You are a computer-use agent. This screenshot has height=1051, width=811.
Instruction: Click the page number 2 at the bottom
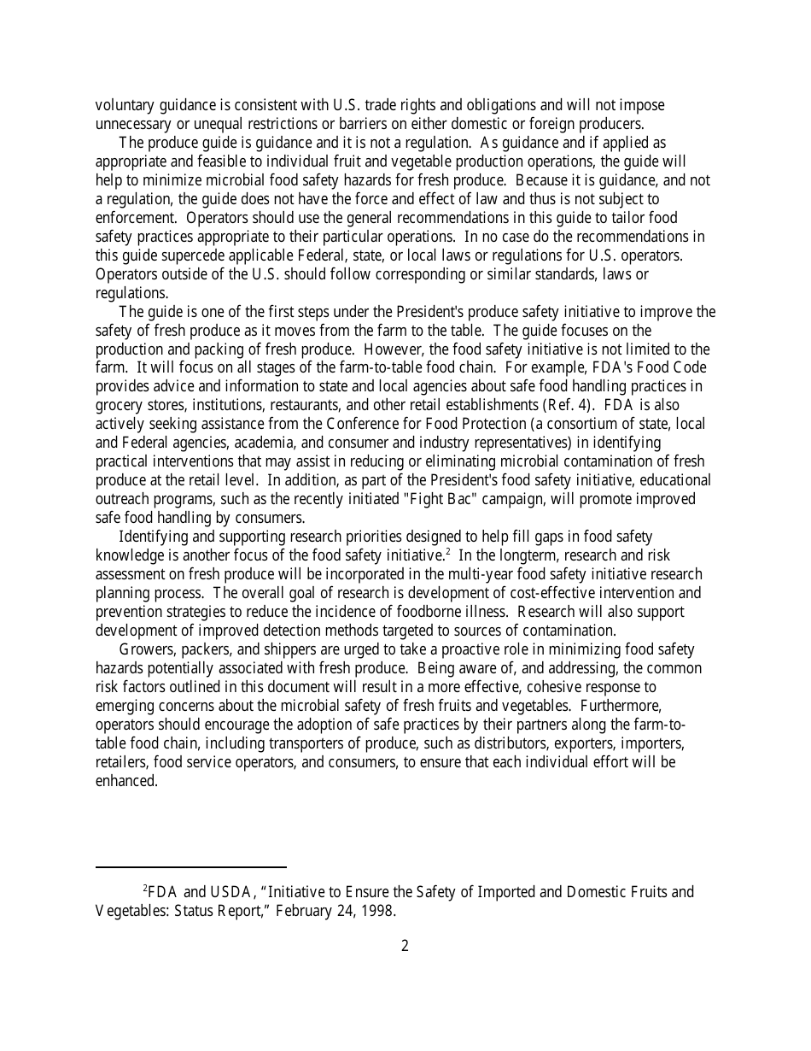405,946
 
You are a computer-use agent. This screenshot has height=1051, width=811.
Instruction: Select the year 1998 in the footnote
377,911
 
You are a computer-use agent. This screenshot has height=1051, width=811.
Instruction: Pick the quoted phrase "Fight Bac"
441,499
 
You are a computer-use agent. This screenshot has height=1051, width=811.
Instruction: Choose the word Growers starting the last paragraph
147,649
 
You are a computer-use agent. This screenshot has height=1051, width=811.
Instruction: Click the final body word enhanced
126,781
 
